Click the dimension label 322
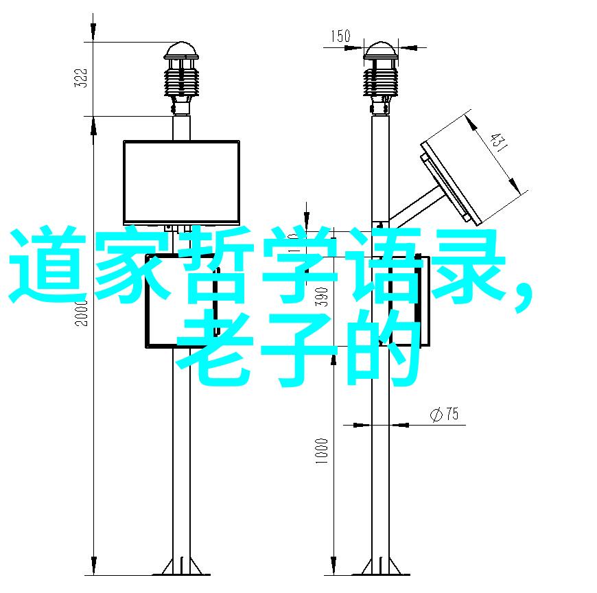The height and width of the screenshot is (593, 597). (81, 78)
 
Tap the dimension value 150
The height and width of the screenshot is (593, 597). (340, 36)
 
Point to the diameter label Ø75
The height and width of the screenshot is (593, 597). (445, 414)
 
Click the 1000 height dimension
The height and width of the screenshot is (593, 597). (321, 451)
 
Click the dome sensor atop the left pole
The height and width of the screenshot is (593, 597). (181, 51)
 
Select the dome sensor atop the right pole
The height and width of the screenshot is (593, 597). (380, 51)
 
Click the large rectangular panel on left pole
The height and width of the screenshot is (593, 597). (181, 182)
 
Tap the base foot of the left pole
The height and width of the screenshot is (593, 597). (181, 568)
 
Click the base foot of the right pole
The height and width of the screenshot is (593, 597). (380, 568)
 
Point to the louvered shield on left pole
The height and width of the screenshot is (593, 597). (181, 82)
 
